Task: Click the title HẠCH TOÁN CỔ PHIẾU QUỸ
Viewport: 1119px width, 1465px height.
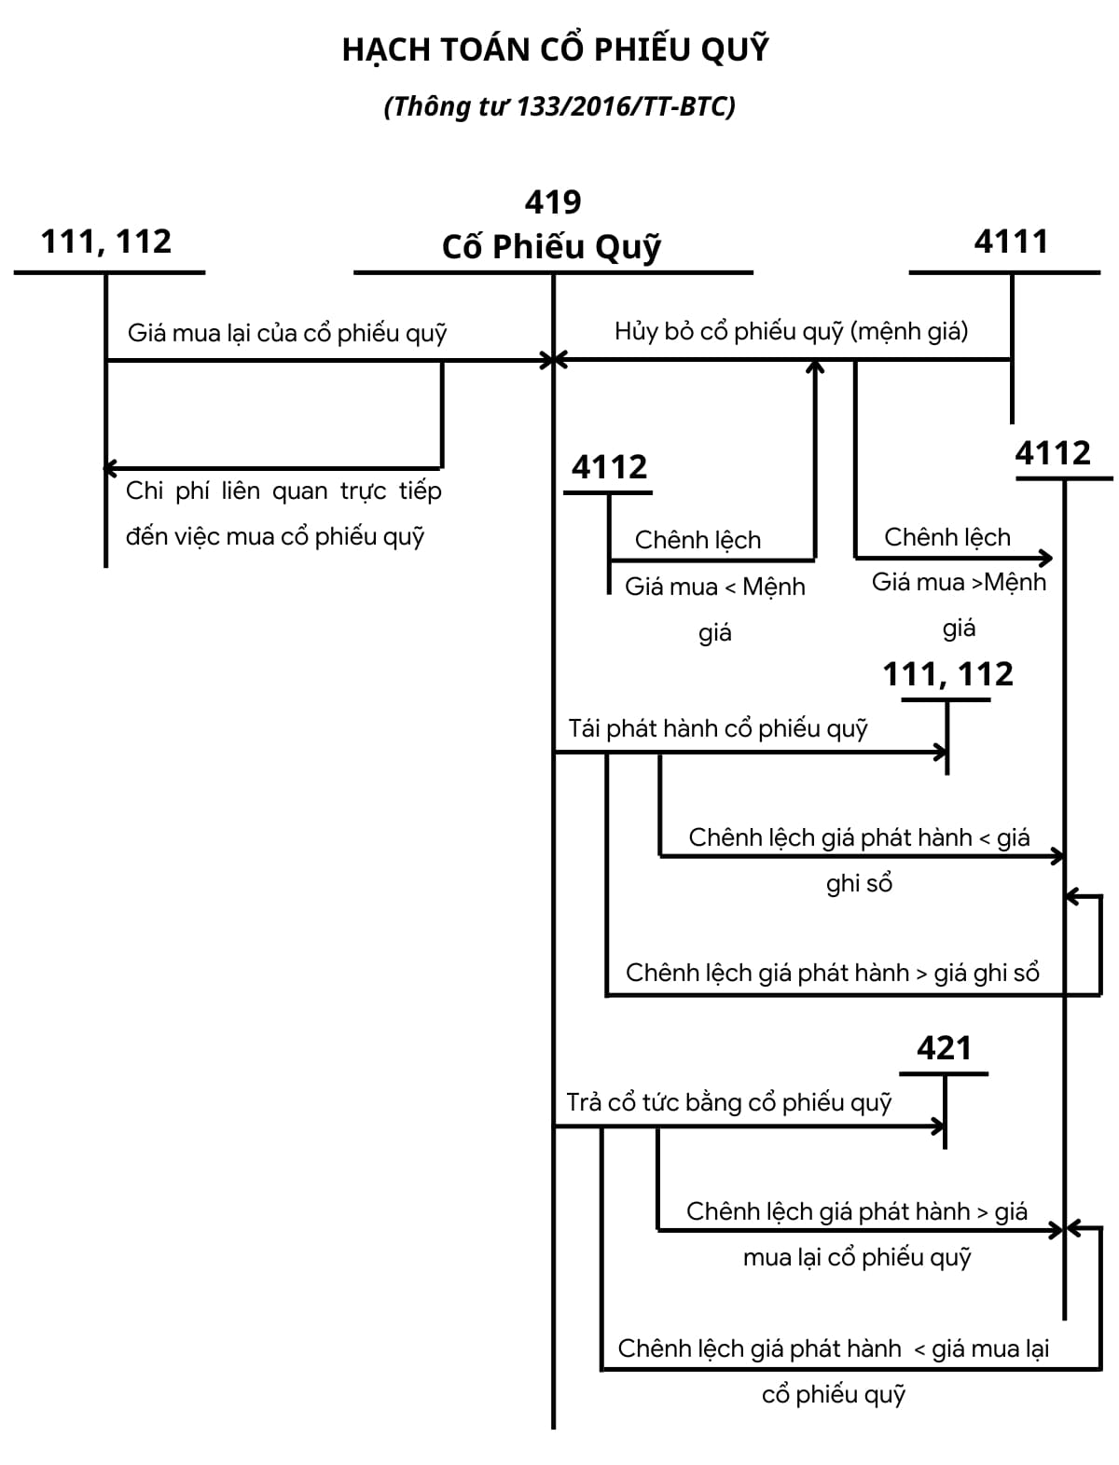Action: (556, 49)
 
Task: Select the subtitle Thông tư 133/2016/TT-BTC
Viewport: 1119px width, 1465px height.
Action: (559, 106)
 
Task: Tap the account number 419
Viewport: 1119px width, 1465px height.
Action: (553, 201)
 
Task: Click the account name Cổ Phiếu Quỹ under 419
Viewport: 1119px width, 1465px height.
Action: (551, 246)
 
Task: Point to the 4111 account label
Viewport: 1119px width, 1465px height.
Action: (1011, 242)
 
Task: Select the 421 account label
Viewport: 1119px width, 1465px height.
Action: (944, 1048)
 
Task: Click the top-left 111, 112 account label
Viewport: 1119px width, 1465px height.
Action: (106, 242)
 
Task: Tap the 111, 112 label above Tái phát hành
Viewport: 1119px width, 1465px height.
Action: (947, 673)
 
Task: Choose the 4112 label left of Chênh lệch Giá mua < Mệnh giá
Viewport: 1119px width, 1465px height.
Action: (609, 466)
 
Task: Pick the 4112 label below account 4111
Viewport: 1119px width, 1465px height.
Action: (1052, 453)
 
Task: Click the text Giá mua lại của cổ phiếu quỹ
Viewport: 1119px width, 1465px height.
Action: (287, 333)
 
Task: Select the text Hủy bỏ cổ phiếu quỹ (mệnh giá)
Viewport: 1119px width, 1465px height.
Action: (791, 331)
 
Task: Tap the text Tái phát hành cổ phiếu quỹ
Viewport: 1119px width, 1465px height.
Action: (718, 728)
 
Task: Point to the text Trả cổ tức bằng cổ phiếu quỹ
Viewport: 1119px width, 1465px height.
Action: (728, 1102)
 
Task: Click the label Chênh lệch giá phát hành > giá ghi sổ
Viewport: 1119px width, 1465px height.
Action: (832, 973)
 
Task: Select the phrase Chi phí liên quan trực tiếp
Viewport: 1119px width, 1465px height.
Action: (283, 491)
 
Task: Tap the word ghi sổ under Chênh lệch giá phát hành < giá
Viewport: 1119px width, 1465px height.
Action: (859, 883)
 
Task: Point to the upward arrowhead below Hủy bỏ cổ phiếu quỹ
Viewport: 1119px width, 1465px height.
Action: (815, 366)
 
